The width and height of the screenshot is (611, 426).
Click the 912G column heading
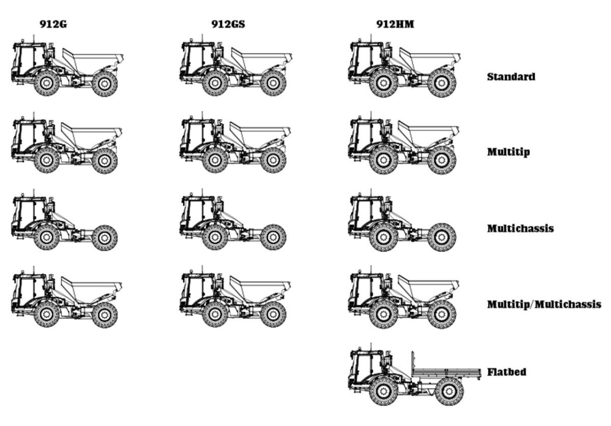[53, 23]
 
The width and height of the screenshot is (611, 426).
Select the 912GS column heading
[228, 23]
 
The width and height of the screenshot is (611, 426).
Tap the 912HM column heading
[395, 23]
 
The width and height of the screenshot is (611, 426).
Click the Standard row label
[511, 77]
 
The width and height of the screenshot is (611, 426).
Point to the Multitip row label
[508, 151]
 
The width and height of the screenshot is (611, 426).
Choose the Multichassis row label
[520, 228]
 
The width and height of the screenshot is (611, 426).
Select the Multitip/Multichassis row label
[544, 304]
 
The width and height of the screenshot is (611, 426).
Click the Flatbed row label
[506, 372]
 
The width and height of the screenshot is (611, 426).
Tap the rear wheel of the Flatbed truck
[448, 390]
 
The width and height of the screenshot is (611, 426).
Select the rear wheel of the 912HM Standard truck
[441, 83]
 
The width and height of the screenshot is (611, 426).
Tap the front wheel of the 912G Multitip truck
[47, 160]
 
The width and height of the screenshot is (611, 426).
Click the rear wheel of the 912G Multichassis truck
[104, 237]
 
